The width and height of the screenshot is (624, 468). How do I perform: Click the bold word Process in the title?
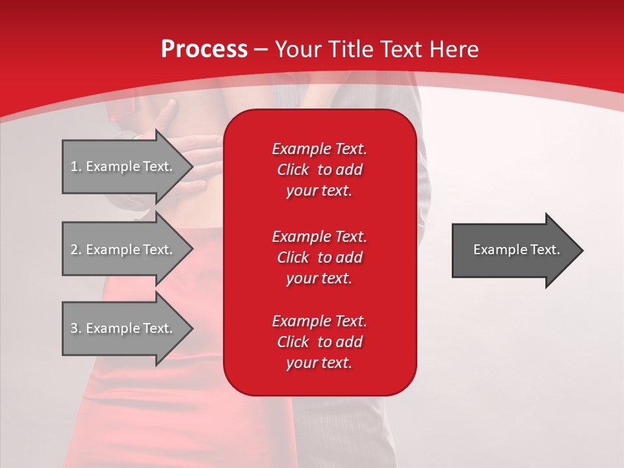[x=204, y=49]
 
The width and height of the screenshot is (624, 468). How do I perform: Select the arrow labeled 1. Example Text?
[x=123, y=166]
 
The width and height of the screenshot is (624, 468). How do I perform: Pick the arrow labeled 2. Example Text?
[x=123, y=250]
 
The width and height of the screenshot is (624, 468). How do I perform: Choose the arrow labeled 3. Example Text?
[x=123, y=328]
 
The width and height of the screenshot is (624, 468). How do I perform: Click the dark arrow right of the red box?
[x=513, y=250]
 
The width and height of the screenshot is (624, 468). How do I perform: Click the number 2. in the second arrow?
[x=75, y=250]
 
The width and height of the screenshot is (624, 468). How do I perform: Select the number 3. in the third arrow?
[x=75, y=328]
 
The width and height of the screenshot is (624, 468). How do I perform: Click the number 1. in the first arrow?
[x=75, y=166]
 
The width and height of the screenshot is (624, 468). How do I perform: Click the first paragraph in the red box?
[x=319, y=170]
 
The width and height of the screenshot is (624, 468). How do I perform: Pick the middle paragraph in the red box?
[x=319, y=257]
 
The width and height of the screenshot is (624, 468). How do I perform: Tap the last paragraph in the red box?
[x=319, y=342]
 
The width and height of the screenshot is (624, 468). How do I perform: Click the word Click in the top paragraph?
[x=293, y=170]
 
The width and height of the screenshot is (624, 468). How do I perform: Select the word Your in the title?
[x=296, y=49]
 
